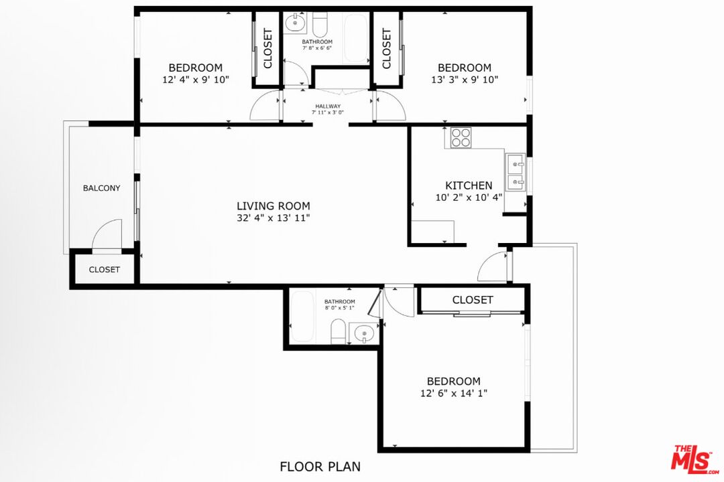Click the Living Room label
274,206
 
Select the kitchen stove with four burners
461,137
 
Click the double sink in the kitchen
516,173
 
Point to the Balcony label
102,188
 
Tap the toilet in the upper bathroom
319,25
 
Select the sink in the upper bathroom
294,24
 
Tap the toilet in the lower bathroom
339,331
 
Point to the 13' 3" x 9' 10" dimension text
465,80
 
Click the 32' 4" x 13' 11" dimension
274,218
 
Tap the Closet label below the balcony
105,270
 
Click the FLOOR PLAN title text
320,466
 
